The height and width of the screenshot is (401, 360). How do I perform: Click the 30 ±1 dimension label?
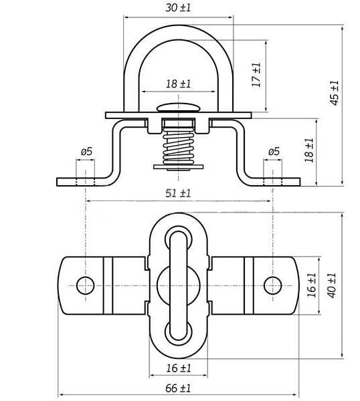click(178, 7)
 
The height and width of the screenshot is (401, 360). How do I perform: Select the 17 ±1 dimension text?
click(256, 75)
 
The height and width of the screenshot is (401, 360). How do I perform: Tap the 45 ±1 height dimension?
click(334, 93)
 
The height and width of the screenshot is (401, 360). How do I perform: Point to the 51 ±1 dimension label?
click(178, 193)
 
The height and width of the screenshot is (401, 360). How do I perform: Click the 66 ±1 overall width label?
click(178, 388)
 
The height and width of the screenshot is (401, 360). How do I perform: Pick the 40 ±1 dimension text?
click(332, 285)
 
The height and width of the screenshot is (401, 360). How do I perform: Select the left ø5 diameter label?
click(86, 152)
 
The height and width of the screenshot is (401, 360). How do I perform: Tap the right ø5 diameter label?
click(274, 152)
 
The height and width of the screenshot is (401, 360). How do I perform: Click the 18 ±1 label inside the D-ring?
click(178, 84)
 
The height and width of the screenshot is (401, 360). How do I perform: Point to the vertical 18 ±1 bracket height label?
click(309, 150)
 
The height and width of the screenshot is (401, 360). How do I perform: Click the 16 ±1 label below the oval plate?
click(179, 368)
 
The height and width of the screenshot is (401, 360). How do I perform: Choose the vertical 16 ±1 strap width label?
click(312, 285)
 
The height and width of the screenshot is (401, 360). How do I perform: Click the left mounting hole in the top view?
click(85, 285)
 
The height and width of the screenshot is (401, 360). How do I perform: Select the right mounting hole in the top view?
click(273, 285)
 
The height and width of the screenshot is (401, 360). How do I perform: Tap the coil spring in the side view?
click(179, 146)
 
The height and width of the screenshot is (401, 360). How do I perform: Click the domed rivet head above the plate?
click(179, 108)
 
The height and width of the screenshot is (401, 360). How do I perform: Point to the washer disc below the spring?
click(179, 167)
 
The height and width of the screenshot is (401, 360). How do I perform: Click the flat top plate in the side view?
click(179, 116)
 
